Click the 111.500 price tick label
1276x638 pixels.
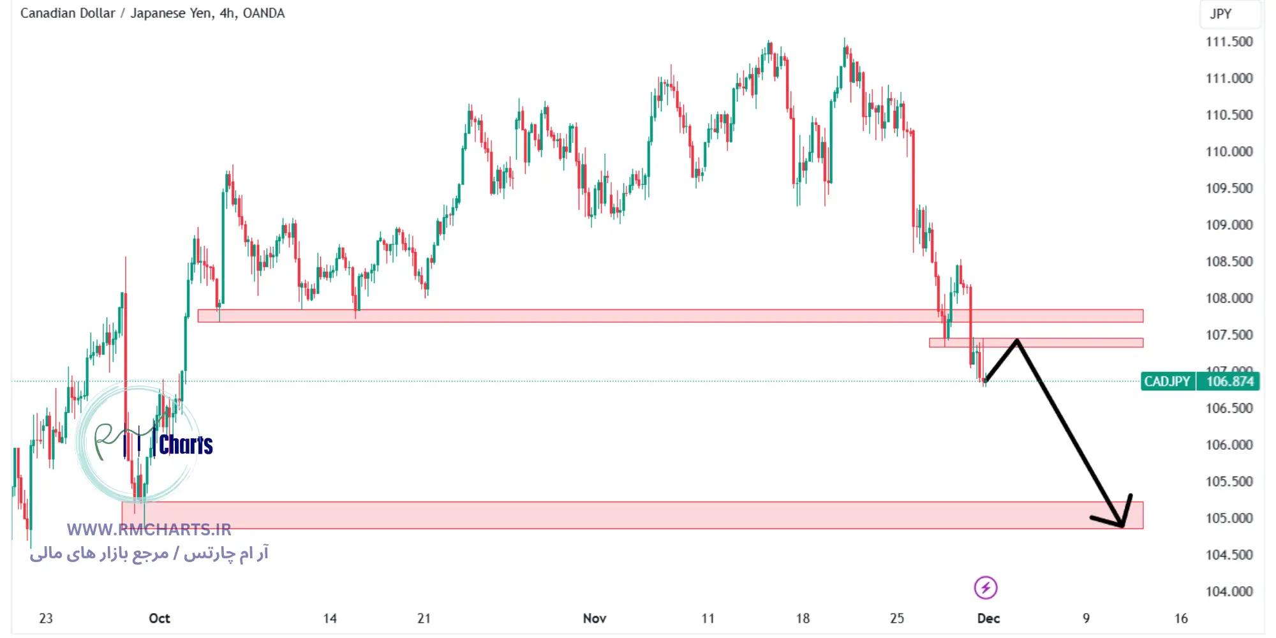click(x=1229, y=42)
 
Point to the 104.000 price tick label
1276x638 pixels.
click(x=1229, y=591)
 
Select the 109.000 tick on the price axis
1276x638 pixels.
click(x=1229, y=225)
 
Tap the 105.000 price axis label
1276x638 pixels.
click(x=1229, y=518)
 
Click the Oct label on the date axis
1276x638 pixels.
click(x=159, y=618)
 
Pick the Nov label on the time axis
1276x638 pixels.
click(x=595, y=618)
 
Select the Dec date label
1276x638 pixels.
click(x=988, y=618)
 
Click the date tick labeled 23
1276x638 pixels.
click(x=46, y=618)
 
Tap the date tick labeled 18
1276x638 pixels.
click(x=803, y=618)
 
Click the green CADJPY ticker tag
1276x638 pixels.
click(x=1167, y=382)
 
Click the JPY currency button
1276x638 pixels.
click(x=1220, y=14)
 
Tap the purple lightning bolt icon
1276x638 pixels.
click(x=986, y=588)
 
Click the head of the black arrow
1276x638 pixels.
click(x=1122, y=524)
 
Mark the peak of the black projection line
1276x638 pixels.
click(x=1017, y=341)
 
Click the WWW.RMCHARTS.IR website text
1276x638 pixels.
click(x=149, y=530)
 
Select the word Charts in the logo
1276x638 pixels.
click(x=186, y=445)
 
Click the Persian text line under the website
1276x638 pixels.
click(x=149, y=553)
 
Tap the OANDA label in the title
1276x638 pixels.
click(x=263, y=13)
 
